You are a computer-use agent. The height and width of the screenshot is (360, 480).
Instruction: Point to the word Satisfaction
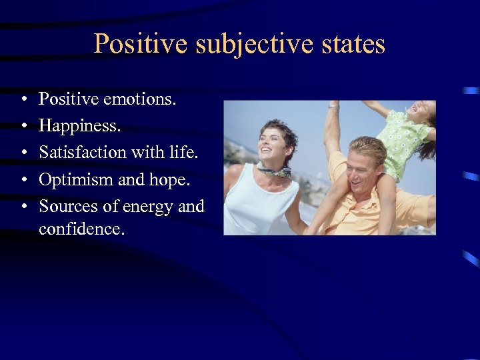click(83, 152)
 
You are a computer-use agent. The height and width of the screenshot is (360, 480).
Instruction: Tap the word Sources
click(66, 207)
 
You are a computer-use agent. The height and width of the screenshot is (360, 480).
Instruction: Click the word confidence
click(82, 229)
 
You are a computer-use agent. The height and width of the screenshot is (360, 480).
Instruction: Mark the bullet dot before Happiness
click(23, 127)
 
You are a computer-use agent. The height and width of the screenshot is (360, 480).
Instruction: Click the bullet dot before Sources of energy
click(23, 207)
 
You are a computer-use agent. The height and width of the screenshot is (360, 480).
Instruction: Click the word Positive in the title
click(137, 44)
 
